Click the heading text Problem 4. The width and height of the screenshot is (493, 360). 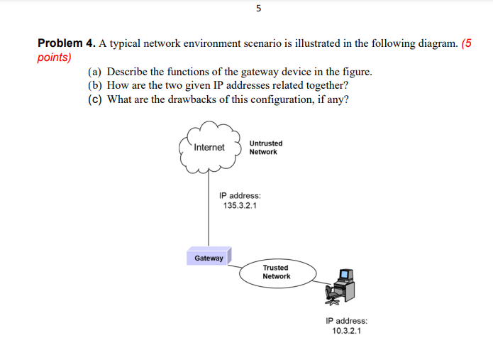click(66, 43)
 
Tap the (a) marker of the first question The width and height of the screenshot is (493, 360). click(94, 72)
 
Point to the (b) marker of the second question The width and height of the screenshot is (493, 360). click(94, 85)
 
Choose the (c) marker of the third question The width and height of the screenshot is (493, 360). click(94, 99)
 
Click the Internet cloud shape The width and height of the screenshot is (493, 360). click(209, 148)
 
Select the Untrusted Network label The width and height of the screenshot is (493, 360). click(265, 148)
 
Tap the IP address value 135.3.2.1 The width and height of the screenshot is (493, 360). click(240, 205)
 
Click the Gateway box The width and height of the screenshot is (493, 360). click(209, 258)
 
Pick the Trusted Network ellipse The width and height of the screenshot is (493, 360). click(276, 273)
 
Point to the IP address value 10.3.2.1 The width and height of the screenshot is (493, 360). click(346, 331)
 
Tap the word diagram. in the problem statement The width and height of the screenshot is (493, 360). click(435, 43)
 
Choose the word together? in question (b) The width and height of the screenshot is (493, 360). click(324, 85)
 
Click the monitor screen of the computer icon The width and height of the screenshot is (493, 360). click(345, 274)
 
